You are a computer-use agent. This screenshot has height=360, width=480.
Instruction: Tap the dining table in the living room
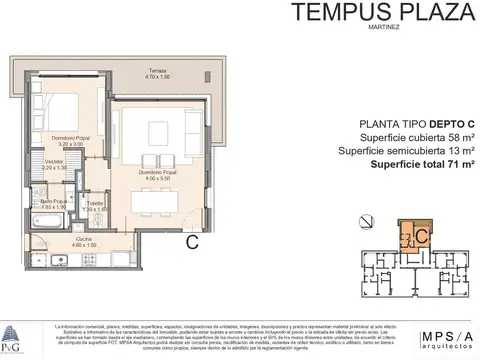(151, 200)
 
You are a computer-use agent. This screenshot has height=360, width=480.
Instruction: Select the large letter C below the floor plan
(191, 240)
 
